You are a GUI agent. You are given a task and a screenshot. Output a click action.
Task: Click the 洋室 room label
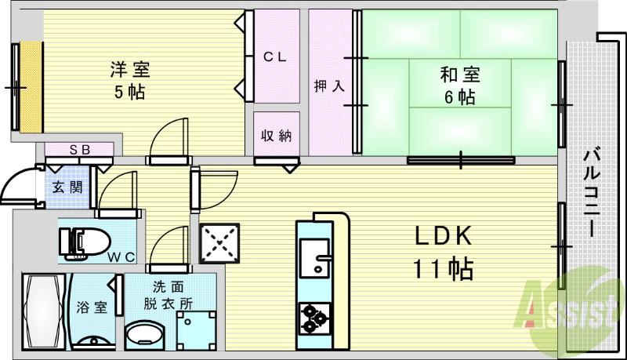[130, 68]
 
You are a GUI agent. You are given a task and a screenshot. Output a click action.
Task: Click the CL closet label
[274, 56]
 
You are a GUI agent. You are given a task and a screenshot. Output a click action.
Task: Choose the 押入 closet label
[330, 85]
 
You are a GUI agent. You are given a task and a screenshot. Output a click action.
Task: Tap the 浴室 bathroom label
[92, 307]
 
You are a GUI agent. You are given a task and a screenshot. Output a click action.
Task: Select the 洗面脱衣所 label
[169, 295]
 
